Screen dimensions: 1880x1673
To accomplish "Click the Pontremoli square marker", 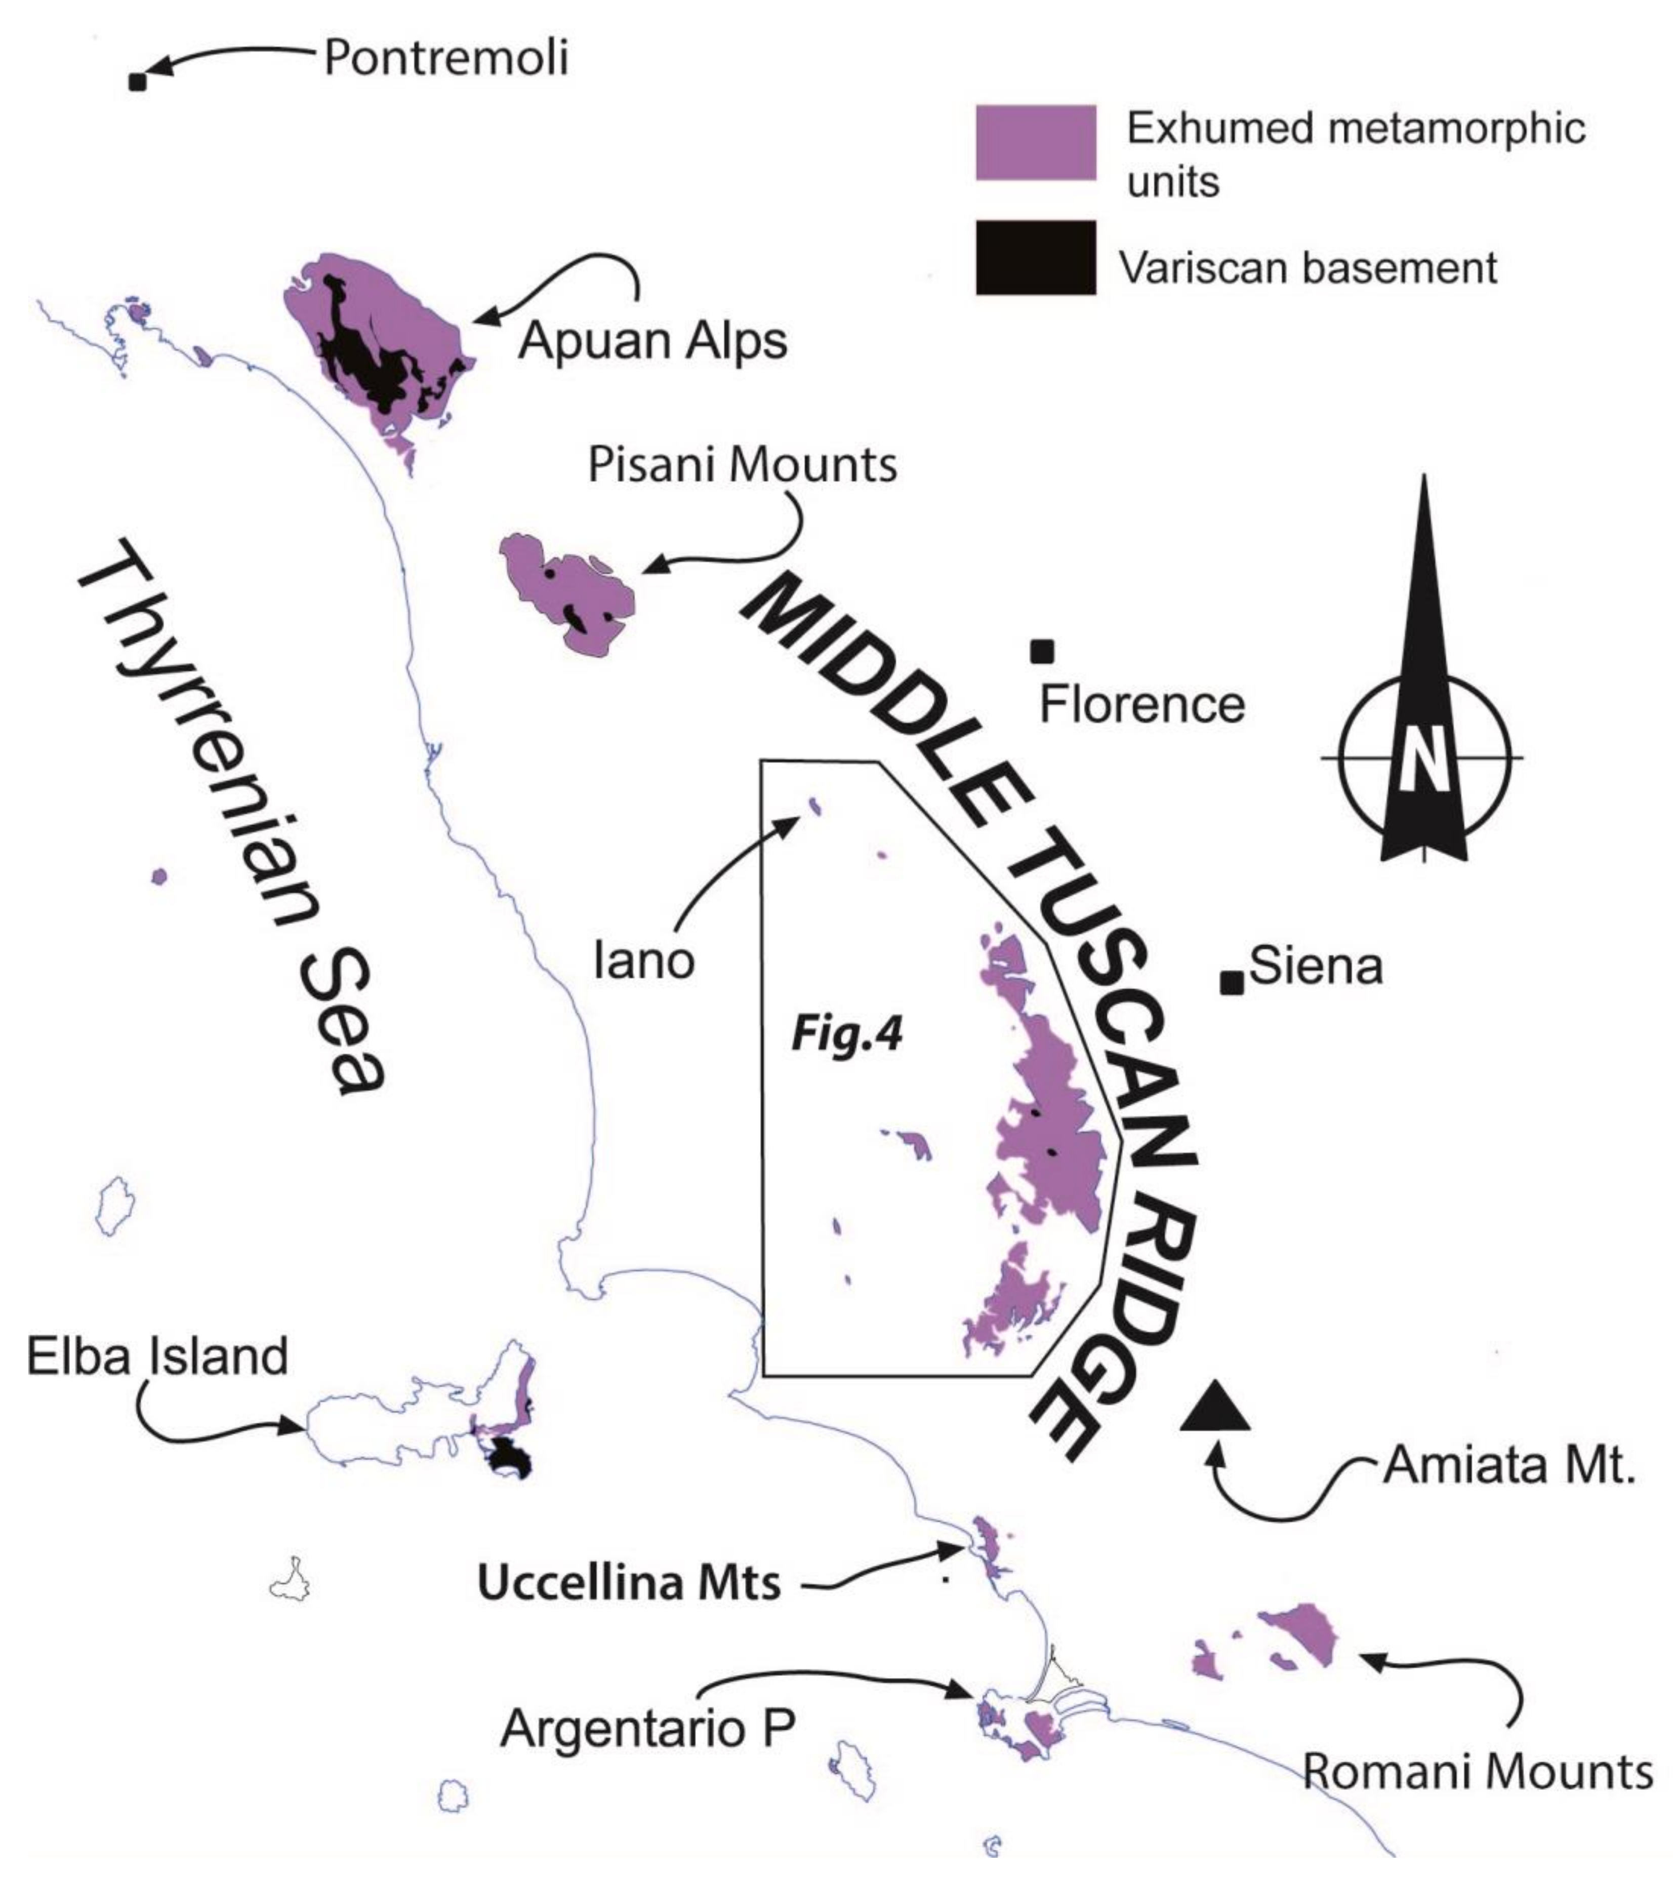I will click(x=137, y=83).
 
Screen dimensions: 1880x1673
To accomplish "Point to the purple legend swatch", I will click(x=1036, y=143).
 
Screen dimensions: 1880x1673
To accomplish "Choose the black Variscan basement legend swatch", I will click(x=1036, y=258).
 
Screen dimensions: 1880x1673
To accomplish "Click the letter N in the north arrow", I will click(x=1423, y=759).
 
